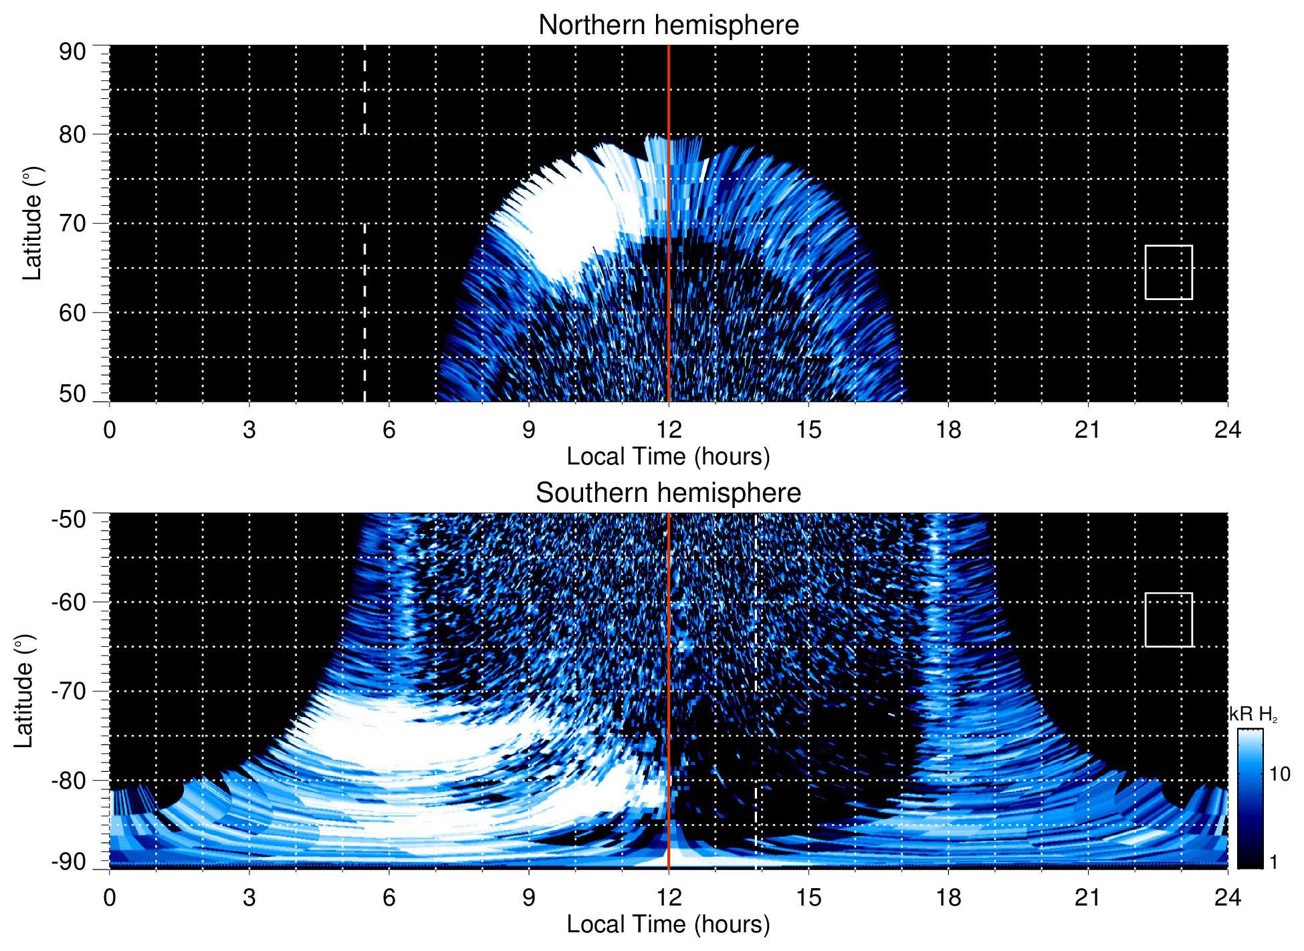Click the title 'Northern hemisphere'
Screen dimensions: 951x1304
click(668, 25)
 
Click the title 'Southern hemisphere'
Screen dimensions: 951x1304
click(668, 493)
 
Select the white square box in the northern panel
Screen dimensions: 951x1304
click(1168, 272)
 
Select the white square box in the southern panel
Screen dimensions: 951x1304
click(1168, 620)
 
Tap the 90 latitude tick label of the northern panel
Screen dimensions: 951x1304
click(72, 52)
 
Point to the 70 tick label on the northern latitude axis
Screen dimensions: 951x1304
click(72, 223)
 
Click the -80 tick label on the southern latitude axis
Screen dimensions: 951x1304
click(69, 780)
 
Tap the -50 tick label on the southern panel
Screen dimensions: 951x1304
click(69, 519)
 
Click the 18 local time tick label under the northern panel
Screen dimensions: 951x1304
click(948, 430)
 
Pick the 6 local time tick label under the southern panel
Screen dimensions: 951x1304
click(389, 898)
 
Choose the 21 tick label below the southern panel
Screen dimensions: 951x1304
click(1088, 898)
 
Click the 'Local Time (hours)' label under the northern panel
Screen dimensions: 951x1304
click(668, 456)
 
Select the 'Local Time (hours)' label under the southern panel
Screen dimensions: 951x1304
click(668, 924)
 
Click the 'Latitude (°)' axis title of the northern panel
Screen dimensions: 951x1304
click(32, 223)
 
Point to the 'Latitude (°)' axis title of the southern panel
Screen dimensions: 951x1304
click(24, 691)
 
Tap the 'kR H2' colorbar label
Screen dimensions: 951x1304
click(1254, 714)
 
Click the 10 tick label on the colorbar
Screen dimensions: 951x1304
click(1279, 774)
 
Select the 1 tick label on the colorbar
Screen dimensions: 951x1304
click(1273, 862)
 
